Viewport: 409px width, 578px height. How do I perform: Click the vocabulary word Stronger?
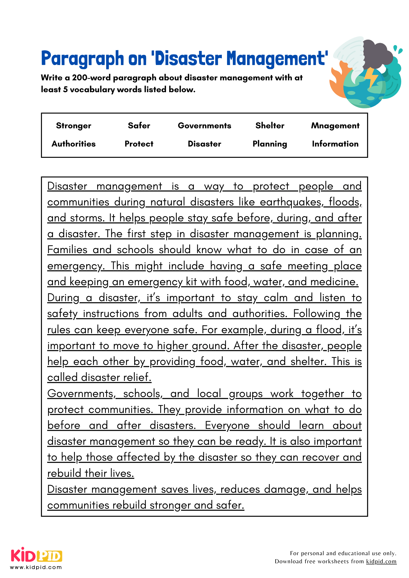tap(73, 126)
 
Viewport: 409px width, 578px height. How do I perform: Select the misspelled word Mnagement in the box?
tap(335, 126)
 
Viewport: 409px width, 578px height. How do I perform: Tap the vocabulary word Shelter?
tap(270, 126)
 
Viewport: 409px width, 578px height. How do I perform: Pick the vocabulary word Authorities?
tap(73, 144)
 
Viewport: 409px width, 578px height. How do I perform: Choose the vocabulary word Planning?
tap(270, 144)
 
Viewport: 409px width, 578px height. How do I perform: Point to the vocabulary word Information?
tap(335, 144)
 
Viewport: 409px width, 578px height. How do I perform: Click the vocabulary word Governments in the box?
tap(204, 126)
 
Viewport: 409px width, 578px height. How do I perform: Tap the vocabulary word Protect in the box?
tap(139, 144)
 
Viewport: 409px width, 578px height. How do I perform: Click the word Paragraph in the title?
tap(82, 59)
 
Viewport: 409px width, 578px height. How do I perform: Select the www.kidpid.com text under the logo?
tap(36, 567)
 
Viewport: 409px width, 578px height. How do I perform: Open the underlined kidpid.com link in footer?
tap(381, 562)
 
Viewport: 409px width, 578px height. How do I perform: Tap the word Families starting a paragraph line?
tap(67, 250)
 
